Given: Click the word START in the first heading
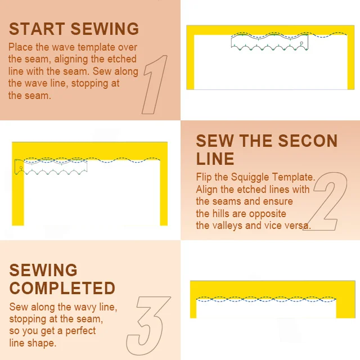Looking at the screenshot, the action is point(37,29).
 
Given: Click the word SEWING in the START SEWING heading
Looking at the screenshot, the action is point(105,29).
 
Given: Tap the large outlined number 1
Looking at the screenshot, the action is point(154,84).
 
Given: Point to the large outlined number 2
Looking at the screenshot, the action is point(325,201).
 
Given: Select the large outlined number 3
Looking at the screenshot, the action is point(148,326).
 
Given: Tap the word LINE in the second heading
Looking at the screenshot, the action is point(215,159).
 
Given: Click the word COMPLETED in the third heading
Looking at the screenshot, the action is point(62,288).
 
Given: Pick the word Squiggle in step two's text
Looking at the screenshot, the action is point(250,178).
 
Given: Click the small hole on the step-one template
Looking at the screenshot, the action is point(301,43).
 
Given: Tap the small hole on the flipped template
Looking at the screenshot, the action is point(21,168).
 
